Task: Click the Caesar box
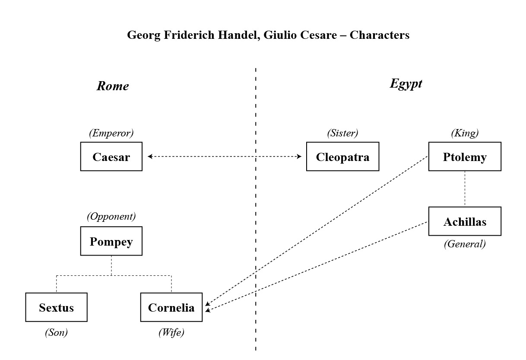[111, 157]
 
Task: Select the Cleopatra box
[342, 157]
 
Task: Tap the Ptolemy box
[465, 157]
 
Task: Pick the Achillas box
[465, 221]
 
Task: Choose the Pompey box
[111, 241]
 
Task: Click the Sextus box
[56, 307]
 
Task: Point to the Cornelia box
[171, 307]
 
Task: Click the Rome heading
[113, 86]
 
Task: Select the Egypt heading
[406, 84]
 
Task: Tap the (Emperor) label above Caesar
[111, 133]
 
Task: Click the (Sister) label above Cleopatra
[342, 133]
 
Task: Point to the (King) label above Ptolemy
[465, 133]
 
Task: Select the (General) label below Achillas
[465, 244]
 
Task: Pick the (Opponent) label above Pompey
[111, 217]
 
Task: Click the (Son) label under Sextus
[56, 332]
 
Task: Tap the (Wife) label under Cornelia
[171, 332]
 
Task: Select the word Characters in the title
[380, 35]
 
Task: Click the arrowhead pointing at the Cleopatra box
[299, 156]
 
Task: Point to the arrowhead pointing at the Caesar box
[150, 156]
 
